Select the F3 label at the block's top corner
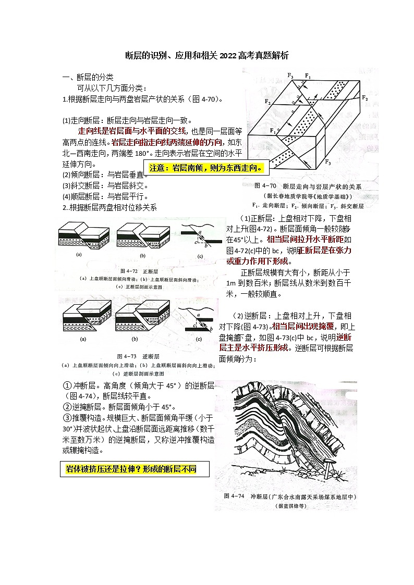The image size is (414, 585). pos(290,76)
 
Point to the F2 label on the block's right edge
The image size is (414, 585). pos(364,98)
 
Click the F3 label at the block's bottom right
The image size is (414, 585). pos(327,164)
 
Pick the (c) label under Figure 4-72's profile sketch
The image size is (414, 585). pos(200,256)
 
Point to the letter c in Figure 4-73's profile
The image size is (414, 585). pos(193,325)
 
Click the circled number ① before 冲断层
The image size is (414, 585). pos(67,386)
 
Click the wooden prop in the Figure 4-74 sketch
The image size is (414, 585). pos(327,472)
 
